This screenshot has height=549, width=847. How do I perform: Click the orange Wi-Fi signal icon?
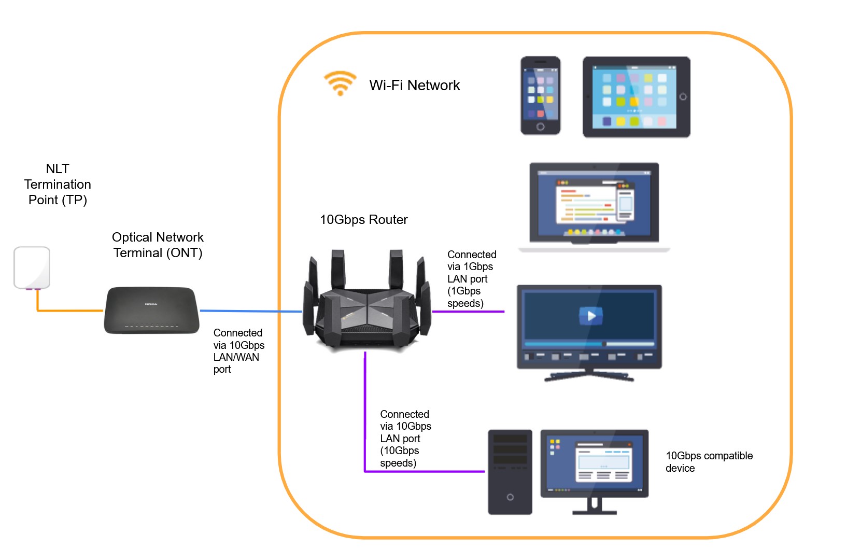click(x=340, y=83)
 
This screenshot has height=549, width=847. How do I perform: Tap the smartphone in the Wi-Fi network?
click(x=540, y=96)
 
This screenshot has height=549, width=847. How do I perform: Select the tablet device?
click(x=636, y=97)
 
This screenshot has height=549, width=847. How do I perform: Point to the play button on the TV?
click(x=591, y=315)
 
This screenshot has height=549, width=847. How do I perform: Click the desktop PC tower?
click(x=510, y=472)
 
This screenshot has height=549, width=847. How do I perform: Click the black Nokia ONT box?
click(x=151, y=310)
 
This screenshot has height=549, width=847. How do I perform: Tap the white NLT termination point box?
click(x=32, y=267)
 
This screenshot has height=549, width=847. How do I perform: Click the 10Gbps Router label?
click(x=363, y=220)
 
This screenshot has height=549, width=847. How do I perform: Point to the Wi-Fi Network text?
click(x=414, y=86)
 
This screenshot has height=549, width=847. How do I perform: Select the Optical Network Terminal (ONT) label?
click(x=158, y=245)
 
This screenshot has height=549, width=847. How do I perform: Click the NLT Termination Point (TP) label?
click(x=58, y=184)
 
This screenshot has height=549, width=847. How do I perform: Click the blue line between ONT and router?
click(x=251, y=311)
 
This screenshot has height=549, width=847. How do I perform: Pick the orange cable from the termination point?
click(x=70, y=311)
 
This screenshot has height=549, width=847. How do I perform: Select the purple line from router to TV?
click(x=468, y=312)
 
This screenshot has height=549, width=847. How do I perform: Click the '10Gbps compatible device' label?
click(x=709, y=461)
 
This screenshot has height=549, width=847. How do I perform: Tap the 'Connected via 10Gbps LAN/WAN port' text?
click(x=238, y=351)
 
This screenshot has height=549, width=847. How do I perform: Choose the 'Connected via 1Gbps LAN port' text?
click(x=471, y=279)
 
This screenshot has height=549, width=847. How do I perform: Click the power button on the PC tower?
click(x=510, y=497)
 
